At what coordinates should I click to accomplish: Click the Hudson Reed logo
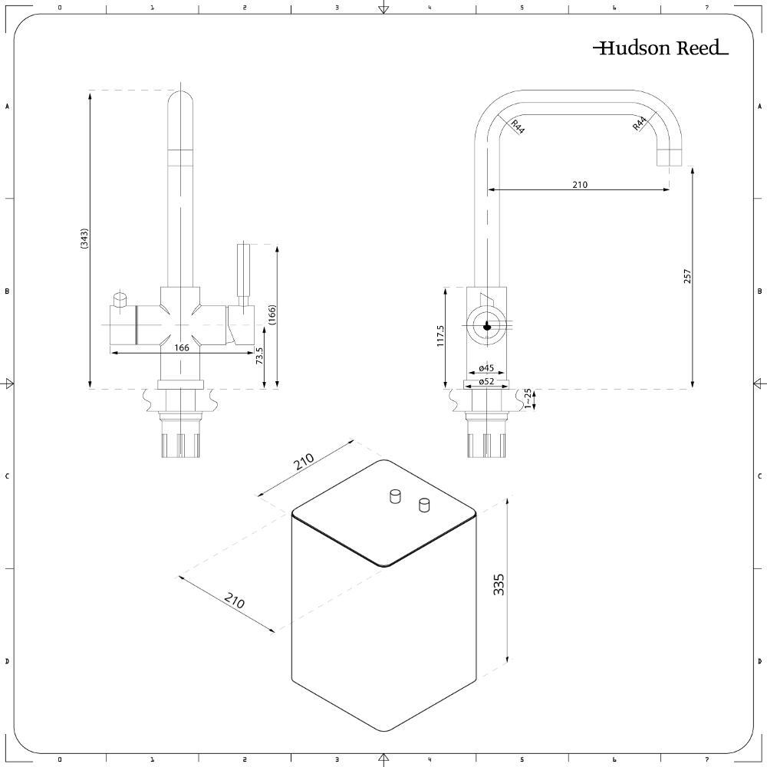pyautogui.click(x=660, y=48)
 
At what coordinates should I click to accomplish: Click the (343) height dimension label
pyautogui.click(x=84, y=239)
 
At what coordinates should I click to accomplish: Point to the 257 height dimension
pyautogui.click(x=687, y=277)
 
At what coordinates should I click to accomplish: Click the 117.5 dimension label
pyautogui.click(x=440, y=337)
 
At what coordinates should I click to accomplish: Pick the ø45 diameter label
pyautogui.click(x=486, y=367)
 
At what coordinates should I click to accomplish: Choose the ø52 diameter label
pyautogui.click(x=486, y=381)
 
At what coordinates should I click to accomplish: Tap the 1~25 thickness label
pyautogui.click(x=527, y=398)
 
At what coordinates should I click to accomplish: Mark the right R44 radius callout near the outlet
pyautogui.click(x=640, y=123)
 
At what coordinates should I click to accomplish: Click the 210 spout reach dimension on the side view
pyautogui.click(x=579, y=184)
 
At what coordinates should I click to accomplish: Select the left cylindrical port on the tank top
pyautogui.click(x=396, y=497)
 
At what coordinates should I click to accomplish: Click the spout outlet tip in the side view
pyautogui.click(x=670, y=158)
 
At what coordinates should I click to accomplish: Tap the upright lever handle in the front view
pyautogui.click(x=243, y=272)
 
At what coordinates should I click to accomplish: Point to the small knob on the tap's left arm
pyautogui.click(x=120, y=298)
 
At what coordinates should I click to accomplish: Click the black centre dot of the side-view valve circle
pyautogui.click(x=486, y=325)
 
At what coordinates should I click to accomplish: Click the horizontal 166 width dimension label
pyautogui.click(x=181, y=347)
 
